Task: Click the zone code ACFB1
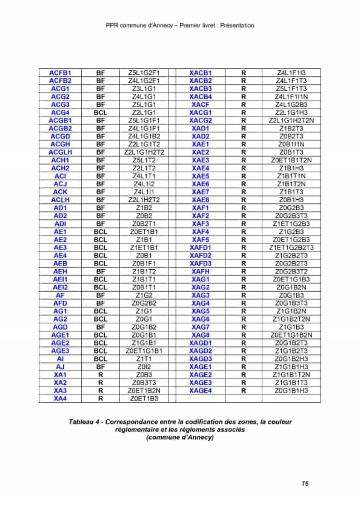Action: click(60, 73)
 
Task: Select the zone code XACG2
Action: click(200, 120)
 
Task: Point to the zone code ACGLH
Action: click(60, 152)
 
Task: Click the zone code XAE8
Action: click(200, 200)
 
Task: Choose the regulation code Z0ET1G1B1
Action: click(144, 351)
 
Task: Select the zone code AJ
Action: click(60, 367)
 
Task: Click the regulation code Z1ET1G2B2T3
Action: click(291, 248)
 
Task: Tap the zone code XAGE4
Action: click(200, 391)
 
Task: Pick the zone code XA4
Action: click(60, 398)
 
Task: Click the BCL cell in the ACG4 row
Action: click(100, 113)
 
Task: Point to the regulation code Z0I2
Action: click(144, 367)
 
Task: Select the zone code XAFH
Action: click(200, 271)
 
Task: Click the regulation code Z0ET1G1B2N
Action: click(291, 335)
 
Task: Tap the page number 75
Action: click(305, 483)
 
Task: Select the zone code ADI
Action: click(60, 224)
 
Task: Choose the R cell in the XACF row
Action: click(243, 104)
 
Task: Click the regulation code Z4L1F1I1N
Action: click(291, 97)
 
